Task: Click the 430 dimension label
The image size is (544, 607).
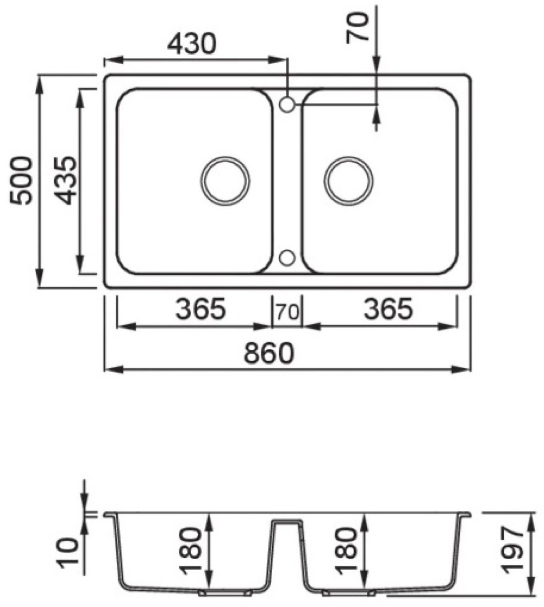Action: point(191,44)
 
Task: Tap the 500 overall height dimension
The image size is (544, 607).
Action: point(20,180)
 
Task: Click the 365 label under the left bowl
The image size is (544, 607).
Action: point(201,308)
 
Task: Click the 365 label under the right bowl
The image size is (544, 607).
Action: point(388,308)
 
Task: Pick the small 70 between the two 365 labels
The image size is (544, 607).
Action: point(287,312)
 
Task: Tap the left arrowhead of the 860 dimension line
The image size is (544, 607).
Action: point(114,370)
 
